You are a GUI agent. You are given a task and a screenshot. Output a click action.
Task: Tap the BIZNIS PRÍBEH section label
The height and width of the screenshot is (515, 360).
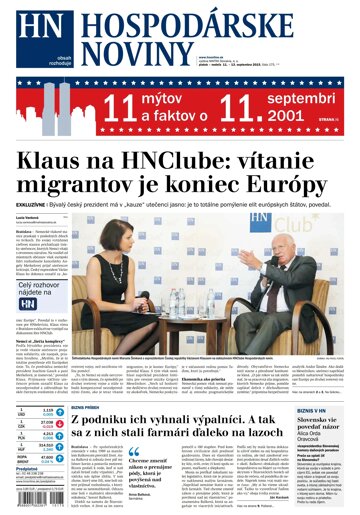click(x=86, y=380)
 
